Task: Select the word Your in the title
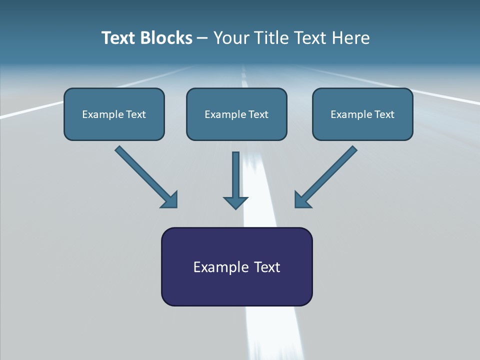coord(230,38)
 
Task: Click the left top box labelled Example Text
coord(114,114)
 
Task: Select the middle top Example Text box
coord(236,114)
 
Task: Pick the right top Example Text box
coord(362,114)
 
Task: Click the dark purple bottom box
coord(236,266)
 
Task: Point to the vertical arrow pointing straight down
coord(236,175)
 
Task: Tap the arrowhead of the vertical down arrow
coord(236,202)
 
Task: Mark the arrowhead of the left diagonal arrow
coord(170,200)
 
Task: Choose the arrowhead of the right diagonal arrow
coord(302,200)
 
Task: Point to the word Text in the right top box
coord(384,114)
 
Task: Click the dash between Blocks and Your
coord(202,38)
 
